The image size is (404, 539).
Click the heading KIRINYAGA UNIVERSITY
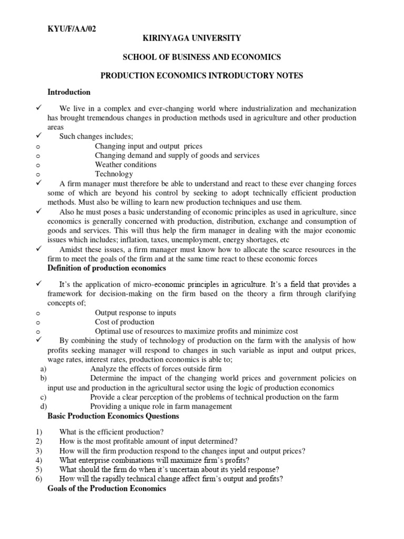pos(201,38)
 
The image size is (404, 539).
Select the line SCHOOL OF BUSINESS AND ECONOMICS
pos(201,57)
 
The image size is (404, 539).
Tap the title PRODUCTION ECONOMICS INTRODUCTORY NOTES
pos(201,76)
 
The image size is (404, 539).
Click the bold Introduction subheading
pos(69,92)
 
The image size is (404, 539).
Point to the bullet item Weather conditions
pos(126,165)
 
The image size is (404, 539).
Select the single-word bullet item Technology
pos(114,174)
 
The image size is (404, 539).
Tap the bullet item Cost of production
pos(125,322)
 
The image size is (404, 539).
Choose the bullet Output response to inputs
pos(135,313)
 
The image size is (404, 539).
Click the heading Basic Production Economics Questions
pos(113,416)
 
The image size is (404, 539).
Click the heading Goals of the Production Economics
pos(107,488)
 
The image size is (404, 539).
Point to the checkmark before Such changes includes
pos(38,136)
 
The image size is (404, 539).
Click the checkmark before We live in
pos(38,108)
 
